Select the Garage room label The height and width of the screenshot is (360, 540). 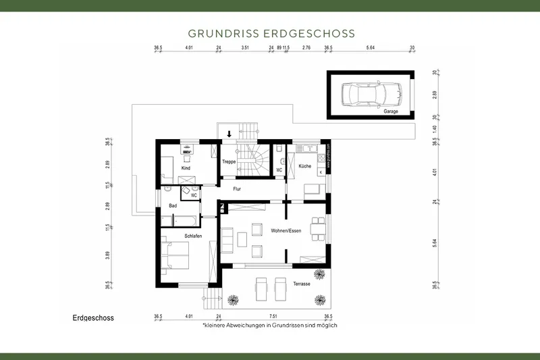[390, 111]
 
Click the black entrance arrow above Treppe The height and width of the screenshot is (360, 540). [230, 134]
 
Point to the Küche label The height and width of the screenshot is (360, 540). [304, 165]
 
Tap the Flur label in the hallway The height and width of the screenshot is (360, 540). [236, 189]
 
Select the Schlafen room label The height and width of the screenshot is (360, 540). [194, 236]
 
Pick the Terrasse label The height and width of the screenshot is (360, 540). [301, 284]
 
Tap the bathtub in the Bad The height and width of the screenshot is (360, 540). [185, 220]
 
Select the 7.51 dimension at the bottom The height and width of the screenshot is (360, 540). [273, 316]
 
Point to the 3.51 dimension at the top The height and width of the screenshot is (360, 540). [245, 48]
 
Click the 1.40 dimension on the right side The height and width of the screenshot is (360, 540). [435, 128]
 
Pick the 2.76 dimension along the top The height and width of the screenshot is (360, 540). [306, 48]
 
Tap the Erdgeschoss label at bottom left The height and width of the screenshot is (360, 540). [92, 317]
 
